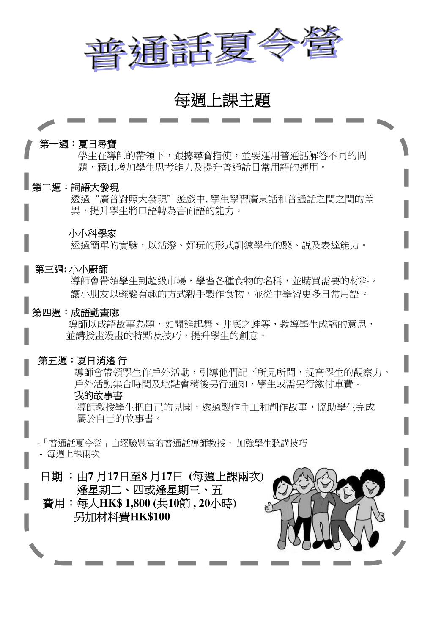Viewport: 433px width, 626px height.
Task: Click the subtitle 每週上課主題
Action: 222,100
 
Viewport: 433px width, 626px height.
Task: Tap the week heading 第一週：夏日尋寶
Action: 78,144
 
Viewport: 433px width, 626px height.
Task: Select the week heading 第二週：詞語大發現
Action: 76,188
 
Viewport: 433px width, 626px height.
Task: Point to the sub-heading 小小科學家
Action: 92,234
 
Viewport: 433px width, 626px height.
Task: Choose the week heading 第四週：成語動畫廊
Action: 76,313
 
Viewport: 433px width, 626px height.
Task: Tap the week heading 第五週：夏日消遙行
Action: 82,361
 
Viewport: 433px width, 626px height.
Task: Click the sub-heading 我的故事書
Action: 98,396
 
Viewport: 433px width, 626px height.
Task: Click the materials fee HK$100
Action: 150,517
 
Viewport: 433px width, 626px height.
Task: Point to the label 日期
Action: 52,477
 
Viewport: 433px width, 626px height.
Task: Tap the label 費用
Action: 54,504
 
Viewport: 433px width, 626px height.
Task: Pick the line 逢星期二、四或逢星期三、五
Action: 150,490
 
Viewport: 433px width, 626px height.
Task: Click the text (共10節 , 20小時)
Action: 195,503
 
